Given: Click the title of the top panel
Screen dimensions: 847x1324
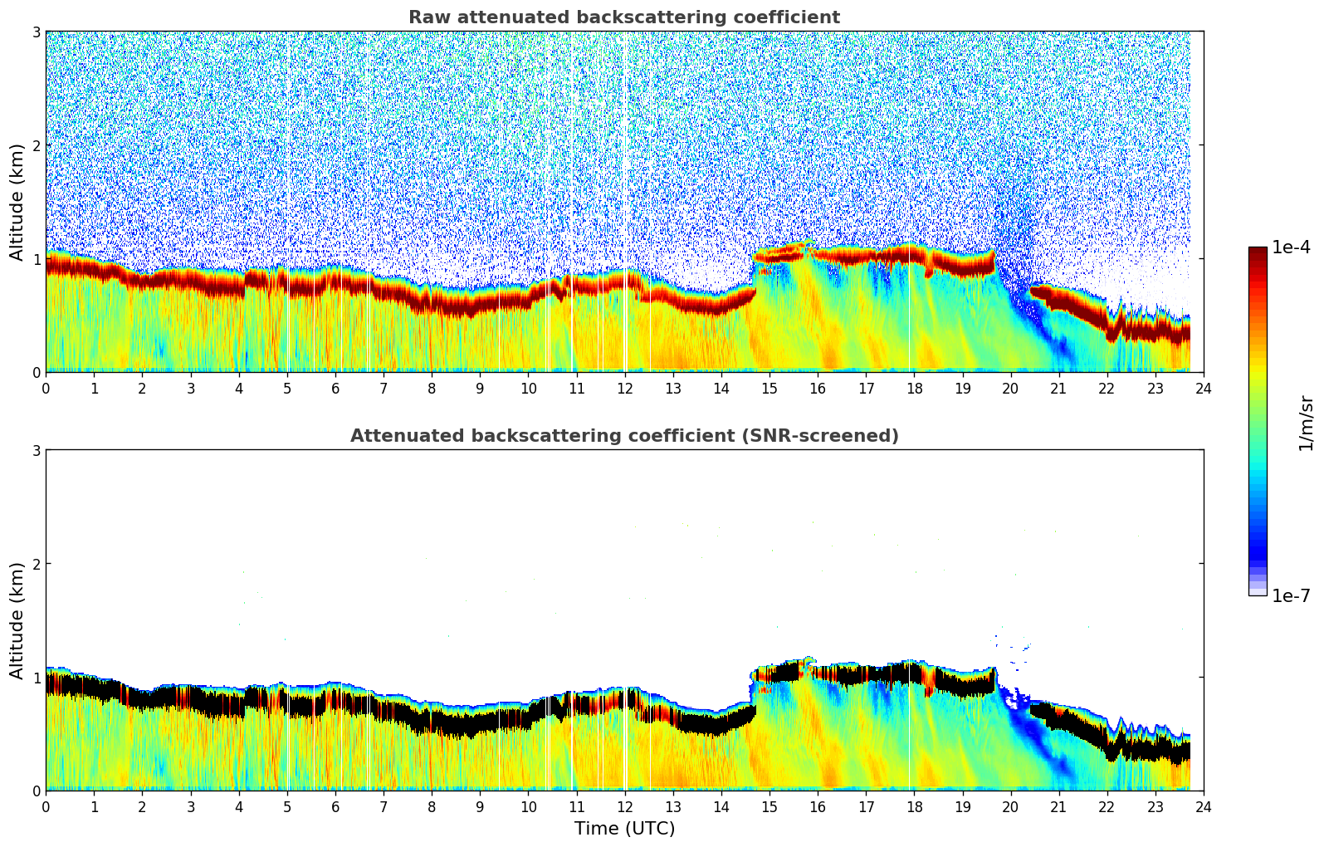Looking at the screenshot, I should (x=623, y=17).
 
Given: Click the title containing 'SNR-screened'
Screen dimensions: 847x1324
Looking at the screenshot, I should (x=623, y=436).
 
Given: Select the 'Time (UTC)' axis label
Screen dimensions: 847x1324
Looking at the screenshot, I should (x=624, y=829).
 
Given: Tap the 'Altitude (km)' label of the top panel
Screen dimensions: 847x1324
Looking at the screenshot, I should (x=17, y=202).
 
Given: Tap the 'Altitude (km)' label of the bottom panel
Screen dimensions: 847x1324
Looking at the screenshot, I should (x=17, y=620).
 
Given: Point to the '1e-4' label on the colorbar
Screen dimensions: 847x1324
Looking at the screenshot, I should (x=1291, y=247).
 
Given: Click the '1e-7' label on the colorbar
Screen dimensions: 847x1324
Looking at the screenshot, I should (x=1291, y=595).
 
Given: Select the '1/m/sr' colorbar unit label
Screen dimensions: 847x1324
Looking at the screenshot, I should (x=1306, y=423).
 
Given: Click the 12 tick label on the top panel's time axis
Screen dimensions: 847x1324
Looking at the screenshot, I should (x=624, y=388).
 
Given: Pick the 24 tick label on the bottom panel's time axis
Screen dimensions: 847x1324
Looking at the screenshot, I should (x=1203, y=806).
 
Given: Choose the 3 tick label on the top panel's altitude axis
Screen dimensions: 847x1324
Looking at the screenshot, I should (x=37, y=32).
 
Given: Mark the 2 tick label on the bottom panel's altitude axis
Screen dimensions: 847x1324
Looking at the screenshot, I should (x=37, y=564).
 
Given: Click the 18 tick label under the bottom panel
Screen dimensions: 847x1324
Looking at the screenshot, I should (x=914, y=806).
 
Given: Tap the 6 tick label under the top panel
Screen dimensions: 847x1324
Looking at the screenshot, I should (x=335, y=388).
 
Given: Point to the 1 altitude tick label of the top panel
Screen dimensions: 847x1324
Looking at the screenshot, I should (x=37, y=259).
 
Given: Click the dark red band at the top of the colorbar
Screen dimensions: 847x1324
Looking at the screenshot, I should (x=1258, y=253).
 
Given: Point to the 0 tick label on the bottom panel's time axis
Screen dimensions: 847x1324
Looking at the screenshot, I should (x=46, y=806).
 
